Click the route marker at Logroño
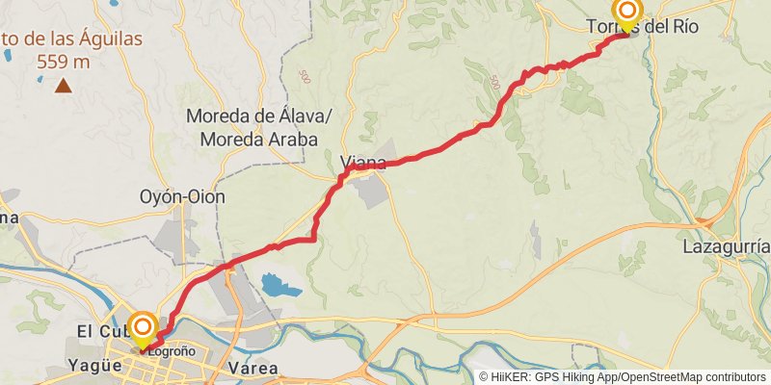(x=143, y=328)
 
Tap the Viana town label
(x=363, y=163)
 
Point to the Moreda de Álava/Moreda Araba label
(x=258, y=127)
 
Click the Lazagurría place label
(x=726, y=247)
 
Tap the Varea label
(x=254, y=369)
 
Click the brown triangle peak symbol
(x=64, y=86)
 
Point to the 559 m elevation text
(x=64, y=62)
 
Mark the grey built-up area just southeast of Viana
(x=373, y=192)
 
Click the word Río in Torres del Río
(x=682, y=27)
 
